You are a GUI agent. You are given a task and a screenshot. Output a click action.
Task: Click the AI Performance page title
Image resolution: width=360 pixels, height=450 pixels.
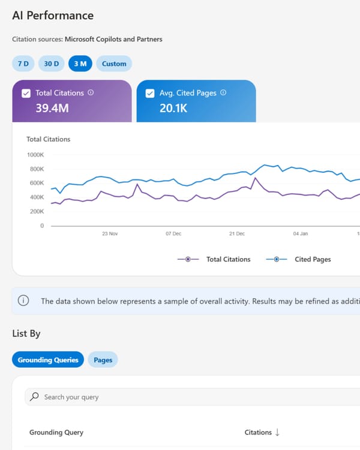pyautogui.click(x=53, y=16)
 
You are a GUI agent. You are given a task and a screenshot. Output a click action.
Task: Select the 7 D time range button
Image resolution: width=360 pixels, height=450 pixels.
pyautogui.click(x=23, y=64)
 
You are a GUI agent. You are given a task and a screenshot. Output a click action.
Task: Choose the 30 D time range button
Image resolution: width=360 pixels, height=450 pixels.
pyautogui.click(x=52, y=64)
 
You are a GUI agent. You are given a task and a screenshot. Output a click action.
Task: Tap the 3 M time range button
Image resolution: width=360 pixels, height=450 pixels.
pyautogui.click(x=80, y=64)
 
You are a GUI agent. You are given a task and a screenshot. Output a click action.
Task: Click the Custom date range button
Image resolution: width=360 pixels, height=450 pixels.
pyautogui.click(x=114, y=64)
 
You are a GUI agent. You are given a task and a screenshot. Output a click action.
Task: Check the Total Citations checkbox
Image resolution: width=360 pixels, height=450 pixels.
pyautogui.click(x=26, y=94)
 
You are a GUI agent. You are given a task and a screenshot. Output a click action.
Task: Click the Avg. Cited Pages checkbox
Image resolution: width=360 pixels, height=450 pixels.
pyautogui.click(x=150, y=94)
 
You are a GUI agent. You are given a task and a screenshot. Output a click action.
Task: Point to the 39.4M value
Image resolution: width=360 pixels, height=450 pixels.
pyautogui.click(x=52, y=108)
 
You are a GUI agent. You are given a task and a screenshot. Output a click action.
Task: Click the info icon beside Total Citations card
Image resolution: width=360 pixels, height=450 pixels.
pyautogui.click(x=91, y=93)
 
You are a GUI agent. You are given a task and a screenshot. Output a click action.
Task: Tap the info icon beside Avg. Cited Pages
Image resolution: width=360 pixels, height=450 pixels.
pyautogui.click(x=223, y=93)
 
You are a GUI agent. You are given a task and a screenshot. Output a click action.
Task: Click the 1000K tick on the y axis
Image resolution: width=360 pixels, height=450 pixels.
pyautogui.click(x=35, y=154)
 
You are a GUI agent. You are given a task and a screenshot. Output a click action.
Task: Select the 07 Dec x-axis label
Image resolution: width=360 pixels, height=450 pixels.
pyautogui.click(x=173, y=233)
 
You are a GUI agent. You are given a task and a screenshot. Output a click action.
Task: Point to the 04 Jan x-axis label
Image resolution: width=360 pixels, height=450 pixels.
pyautogui.click(x=300, y=233)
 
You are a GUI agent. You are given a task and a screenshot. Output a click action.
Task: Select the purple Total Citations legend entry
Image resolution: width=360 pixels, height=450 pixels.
pyautogui.click(x=214, y=259)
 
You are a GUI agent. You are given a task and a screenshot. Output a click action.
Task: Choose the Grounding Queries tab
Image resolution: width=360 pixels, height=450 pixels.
pyautogui.click(x=48, y=360)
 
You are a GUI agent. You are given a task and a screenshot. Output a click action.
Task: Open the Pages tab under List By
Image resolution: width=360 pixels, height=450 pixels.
pyautogui.click(x=103, y=360)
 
